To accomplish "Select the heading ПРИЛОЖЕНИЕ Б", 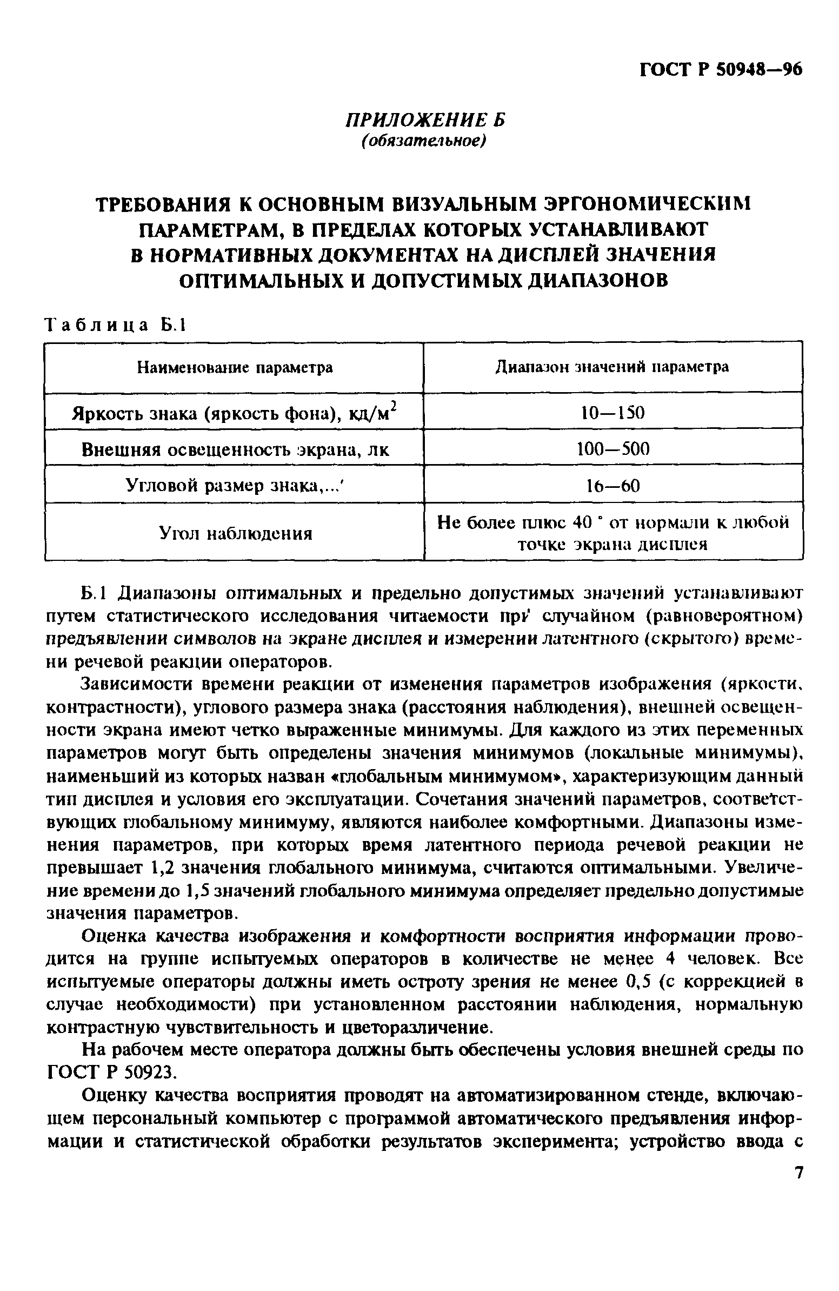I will coord(425,120).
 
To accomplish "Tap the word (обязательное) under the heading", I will coord(425,141).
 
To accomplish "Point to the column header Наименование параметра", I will coord(234,368).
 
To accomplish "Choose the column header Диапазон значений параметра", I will coord(612,367).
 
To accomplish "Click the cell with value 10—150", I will coord(612,413).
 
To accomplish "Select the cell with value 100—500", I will coord(612,448).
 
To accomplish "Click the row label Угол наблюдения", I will coord(235,533).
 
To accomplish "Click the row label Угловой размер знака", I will coord(234,485).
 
